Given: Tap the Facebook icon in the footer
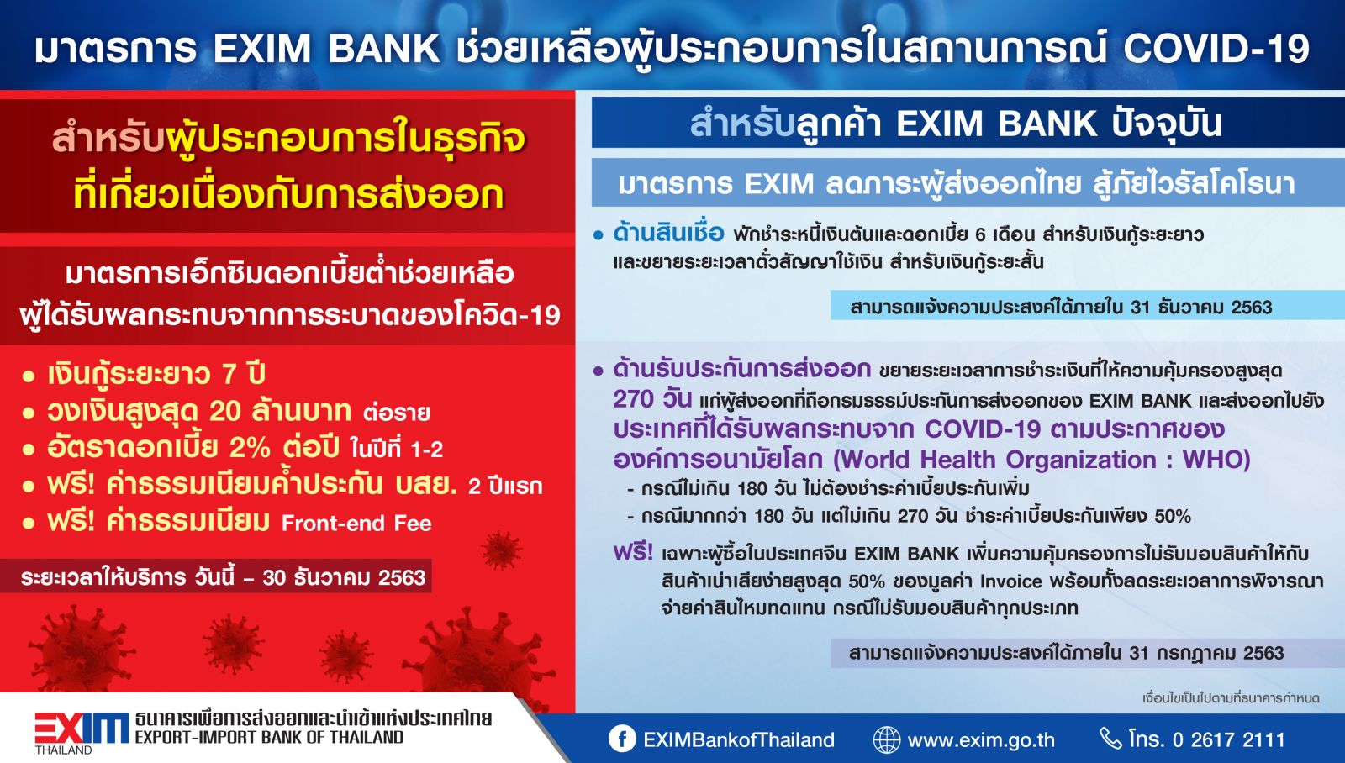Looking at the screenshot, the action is (x=622, y=739).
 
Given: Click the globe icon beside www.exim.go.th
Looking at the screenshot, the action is (x=886, y=739).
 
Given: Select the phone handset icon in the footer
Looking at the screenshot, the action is (x=1110, y=739).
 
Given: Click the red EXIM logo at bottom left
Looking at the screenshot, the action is (x=81, y=729).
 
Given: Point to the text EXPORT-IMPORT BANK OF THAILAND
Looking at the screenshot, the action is (x=269, y=737).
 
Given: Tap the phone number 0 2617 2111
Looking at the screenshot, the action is (x=1228, y=739).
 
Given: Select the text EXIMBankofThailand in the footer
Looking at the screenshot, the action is (x=739, y=739).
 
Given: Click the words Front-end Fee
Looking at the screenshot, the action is (x=356, y=524).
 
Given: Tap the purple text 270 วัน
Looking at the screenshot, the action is (x=652, y=399).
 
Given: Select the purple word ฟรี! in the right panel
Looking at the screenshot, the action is (x=633, y=551).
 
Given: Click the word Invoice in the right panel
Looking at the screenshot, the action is (x=1011, y=581).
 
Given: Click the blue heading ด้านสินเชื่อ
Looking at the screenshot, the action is (x=668, y=233).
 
